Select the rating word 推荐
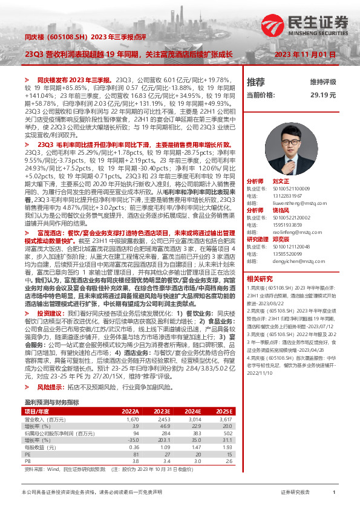click(x=255, y=82)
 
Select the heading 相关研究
click(x=260, y=279)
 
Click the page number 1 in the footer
click(x=334, y=493)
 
